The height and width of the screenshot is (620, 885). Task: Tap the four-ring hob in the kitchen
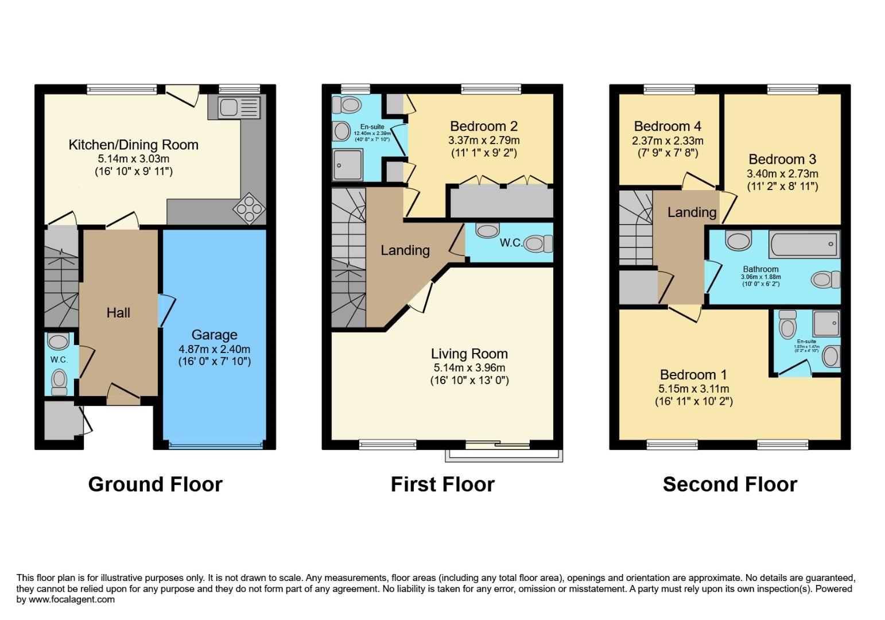(249, 207)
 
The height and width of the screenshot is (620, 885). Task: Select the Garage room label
(214, 335)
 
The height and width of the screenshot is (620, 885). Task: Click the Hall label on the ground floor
(118, 313)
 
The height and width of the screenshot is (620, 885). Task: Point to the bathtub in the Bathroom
(804, 245)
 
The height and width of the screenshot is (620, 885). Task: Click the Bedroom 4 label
(667, 126)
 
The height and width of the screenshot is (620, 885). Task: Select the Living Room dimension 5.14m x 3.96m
(469, 367)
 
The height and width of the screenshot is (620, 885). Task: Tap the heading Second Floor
(729, 485)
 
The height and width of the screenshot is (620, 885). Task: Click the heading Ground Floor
(155, 485)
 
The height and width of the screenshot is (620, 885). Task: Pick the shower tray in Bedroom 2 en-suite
(347, 164)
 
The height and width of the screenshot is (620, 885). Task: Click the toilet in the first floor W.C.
(537, 243)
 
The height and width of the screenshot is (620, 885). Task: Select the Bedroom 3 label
(782, 159)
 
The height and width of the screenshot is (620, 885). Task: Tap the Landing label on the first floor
(405, 250)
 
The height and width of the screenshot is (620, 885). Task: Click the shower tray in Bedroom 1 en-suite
(826, 323)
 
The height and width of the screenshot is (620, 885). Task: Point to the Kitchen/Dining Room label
(133, 145)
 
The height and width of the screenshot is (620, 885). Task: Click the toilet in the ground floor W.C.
(59, 380)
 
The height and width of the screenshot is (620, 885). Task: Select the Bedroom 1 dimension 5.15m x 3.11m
(693, 389)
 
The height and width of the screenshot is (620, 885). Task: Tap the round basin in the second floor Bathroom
(738, 240)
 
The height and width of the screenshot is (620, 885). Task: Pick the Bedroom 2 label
(484, 126)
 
